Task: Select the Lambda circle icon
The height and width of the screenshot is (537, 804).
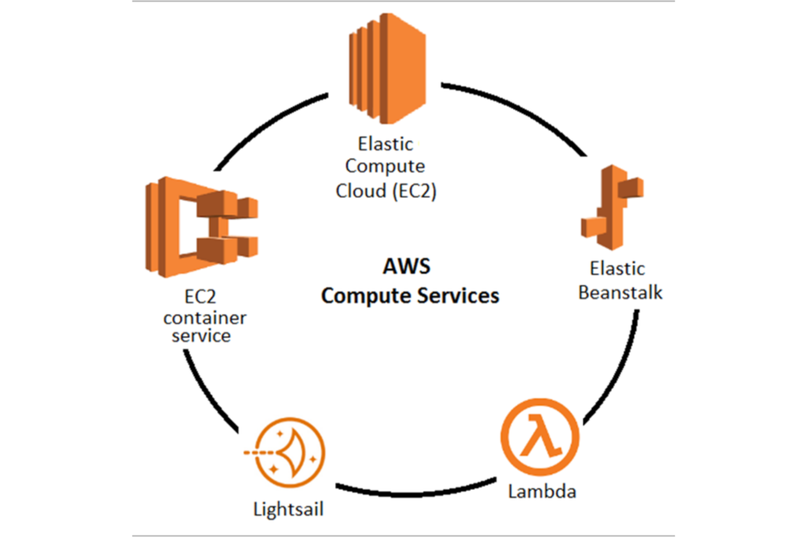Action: (539, 437)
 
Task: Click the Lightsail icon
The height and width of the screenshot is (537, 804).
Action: (287, 454)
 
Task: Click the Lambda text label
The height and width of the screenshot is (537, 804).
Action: (542, 493)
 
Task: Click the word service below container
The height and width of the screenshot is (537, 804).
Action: (203, 336)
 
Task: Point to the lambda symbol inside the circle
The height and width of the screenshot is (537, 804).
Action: (539, 437)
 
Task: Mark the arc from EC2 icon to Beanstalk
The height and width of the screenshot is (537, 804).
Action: (518, 102)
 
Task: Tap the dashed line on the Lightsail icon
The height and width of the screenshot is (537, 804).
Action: (256, 454)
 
